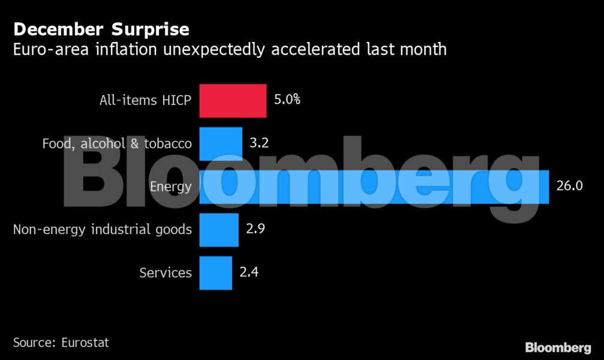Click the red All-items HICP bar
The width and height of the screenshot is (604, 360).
pos(233,100)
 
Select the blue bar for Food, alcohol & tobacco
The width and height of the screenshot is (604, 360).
pos(221,143)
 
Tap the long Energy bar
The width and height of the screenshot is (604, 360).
pos(374,187)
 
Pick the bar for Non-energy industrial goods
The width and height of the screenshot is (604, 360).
pos(218,230)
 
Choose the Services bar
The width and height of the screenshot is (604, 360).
pos(215,273)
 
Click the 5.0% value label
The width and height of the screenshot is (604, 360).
pos(287,100)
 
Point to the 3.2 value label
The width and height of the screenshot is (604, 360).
pos(260,143)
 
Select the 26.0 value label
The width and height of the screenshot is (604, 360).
pos(569,186)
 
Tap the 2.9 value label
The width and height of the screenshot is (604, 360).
pos(256,229)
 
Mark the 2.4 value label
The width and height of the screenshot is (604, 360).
pos(250,272)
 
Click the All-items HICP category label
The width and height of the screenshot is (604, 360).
pos(145,100)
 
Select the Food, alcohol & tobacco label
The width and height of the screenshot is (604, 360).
pos(117,144)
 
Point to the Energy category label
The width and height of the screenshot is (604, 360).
pos(170,187)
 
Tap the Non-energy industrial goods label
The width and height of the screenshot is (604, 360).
pos(103,230)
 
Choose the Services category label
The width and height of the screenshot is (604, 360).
pos(166,273)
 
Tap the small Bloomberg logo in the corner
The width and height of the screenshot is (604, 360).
pos(558,347)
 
